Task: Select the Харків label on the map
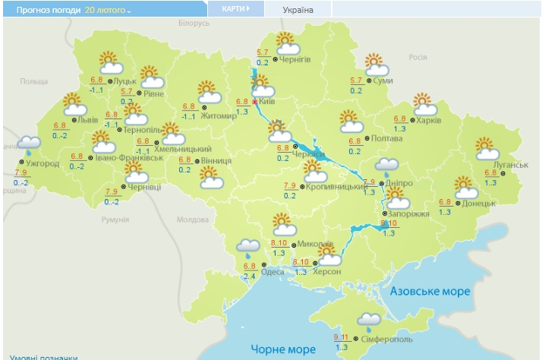tap(428, 119)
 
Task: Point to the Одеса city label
tap(273, 272)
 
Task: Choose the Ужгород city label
tap(42, 163)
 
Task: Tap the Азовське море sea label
tap(430, 291)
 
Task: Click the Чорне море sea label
tap(285, 349)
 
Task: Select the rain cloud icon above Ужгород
tap(29, 143)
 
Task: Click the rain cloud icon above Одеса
tap(247, 246)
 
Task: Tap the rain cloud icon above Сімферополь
tap(370, 321)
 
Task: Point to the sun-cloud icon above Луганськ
tap(487, 148)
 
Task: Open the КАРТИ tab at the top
tap(235, 9)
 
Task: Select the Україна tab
tap(298, 10)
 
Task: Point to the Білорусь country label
tap(194, 24)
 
